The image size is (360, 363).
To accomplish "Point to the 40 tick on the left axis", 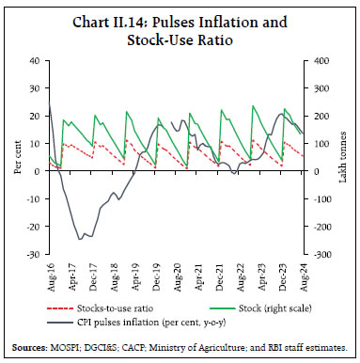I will tap(35, 60).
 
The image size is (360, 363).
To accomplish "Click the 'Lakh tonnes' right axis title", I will tap(345, 157).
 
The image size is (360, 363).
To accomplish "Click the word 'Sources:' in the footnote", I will tap(36, 346).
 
